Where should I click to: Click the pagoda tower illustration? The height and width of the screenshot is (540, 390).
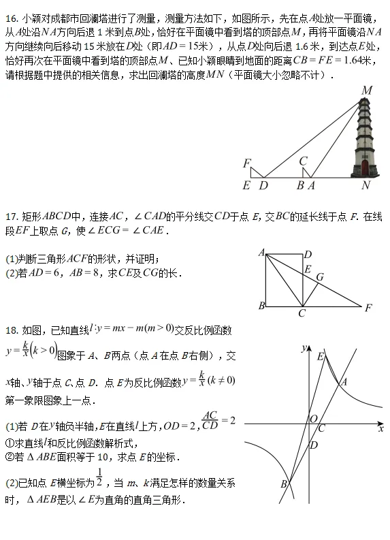click(364, 140)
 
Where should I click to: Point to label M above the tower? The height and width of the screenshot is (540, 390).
click(367, 91)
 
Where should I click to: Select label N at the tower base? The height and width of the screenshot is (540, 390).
click(365, 185)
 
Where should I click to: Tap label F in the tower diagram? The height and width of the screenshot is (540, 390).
click(247, 163)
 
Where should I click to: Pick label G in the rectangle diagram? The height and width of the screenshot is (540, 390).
click(319, 277)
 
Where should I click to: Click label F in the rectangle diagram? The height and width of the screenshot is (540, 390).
click(368, 308)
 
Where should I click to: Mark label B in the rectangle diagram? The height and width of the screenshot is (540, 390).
click(261, 306)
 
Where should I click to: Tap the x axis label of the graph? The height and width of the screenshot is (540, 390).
click(380, 429)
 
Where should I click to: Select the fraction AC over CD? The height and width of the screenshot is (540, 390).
click(211, 420)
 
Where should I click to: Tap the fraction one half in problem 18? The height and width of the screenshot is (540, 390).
click(100, 478)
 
